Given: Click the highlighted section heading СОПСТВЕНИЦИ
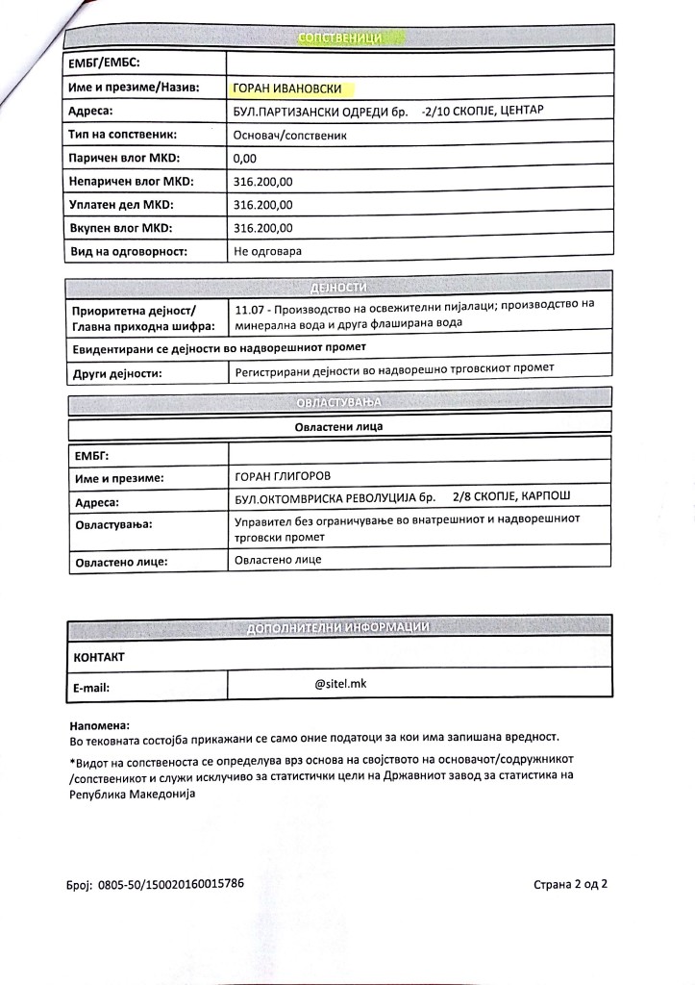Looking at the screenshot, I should coord(341,38).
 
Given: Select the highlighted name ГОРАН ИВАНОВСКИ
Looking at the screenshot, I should coord(293,88).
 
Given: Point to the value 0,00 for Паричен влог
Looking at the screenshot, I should coord(246,158).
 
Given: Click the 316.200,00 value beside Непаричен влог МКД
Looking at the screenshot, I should coord(263,182).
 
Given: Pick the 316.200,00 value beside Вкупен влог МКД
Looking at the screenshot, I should coord(263,228).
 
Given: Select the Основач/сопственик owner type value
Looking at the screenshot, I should coord(289,136).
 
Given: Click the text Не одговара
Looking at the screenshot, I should coord(268,251).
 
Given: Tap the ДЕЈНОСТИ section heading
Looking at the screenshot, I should coord(338,288).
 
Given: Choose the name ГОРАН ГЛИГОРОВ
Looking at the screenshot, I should coord(288,476).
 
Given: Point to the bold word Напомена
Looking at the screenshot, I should coord(99,724).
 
